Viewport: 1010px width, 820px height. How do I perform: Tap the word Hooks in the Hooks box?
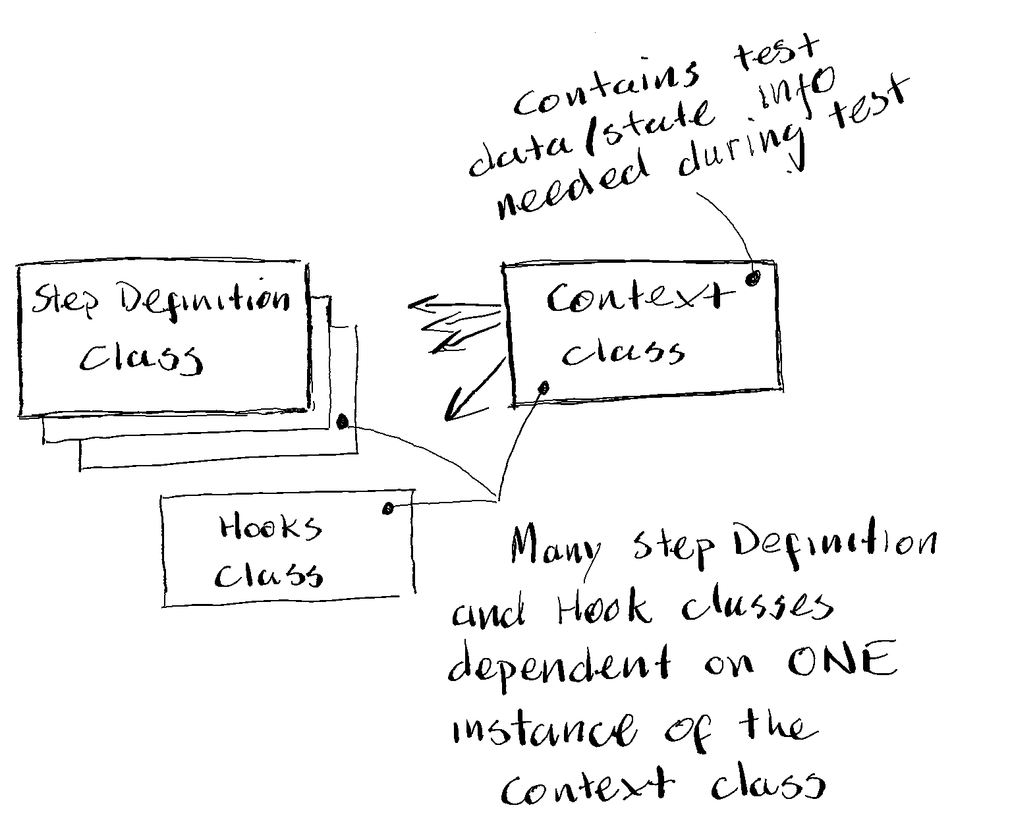tap(270, 528)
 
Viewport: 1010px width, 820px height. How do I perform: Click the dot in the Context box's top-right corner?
tap(752, 278)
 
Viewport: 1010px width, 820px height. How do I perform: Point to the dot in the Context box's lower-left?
tap(544, 388)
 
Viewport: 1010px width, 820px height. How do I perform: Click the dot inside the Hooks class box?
tap(388, 508)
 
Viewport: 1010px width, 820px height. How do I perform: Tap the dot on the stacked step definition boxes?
tap(342, 422)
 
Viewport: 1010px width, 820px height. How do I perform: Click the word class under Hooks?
tap(270, 575)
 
